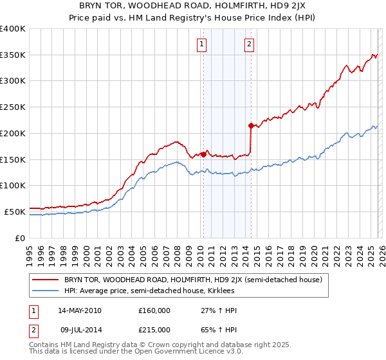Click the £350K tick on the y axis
(13, 55)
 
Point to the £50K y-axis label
(15, 211)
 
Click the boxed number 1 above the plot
(202, 44)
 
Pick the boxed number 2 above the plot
(249, 44)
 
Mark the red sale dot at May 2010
(203, 154)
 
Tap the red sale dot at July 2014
(251, 125)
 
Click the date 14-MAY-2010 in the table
(79, 310)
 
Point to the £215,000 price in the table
(154, 330)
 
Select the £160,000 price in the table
(154, 310)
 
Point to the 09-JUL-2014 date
(78, 330)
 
